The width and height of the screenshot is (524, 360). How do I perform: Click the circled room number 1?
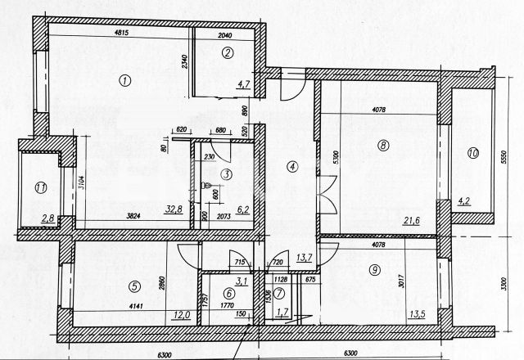point(124,80)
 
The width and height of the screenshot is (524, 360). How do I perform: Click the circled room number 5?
point(132,286)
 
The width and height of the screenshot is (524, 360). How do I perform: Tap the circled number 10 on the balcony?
point(472,153)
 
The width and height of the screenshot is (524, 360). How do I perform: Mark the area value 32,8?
point(173,209)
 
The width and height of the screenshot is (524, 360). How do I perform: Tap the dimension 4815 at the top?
point(122,34)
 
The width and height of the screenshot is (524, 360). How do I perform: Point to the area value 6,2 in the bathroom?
point(242,210)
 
